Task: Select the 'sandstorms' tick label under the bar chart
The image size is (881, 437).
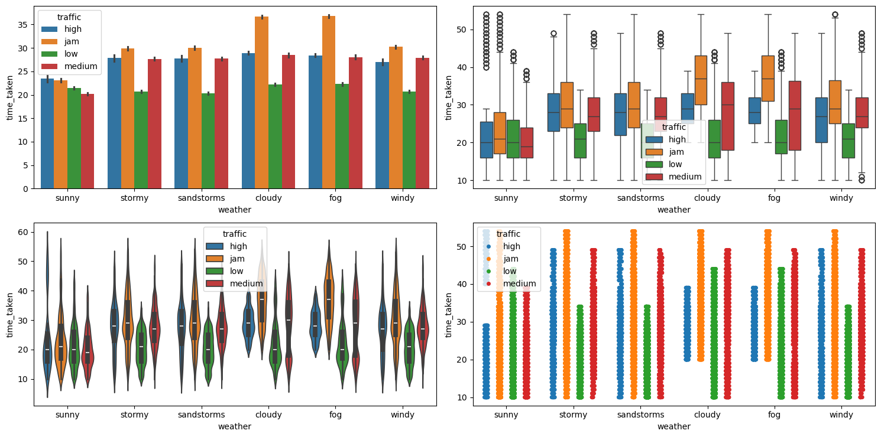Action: point(202,198)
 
